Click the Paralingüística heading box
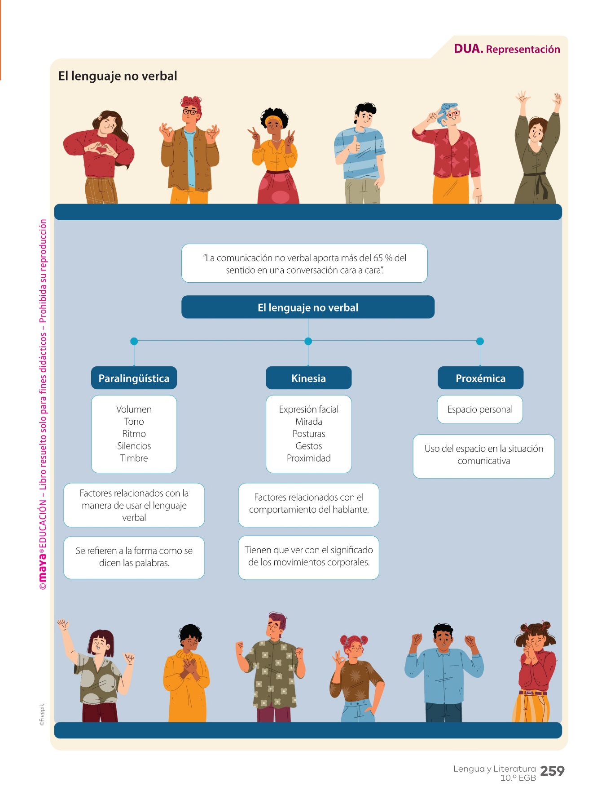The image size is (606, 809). pos(134,378)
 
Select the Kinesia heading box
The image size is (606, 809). pos(308,378)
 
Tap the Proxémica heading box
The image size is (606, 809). pos(480,378)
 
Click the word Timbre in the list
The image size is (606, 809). pos(134,458)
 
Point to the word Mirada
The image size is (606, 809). pos(308,422)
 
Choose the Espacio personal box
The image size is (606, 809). pos(480,409)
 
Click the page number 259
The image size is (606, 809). pos(552,771)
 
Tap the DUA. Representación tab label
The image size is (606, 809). pos(507,49)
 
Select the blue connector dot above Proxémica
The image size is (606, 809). pos(480,341)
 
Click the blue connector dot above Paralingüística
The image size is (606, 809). pos(134,341)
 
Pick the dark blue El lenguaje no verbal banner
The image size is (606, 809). pos(308,307)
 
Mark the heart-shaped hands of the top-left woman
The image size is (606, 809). pos(100,149)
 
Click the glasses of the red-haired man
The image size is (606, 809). pos(190,111)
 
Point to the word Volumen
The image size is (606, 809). pos(134,409)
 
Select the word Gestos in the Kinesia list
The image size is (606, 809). pos(308,446)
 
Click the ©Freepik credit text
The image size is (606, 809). pos(42,715)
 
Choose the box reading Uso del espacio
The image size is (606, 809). pos(483,455)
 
